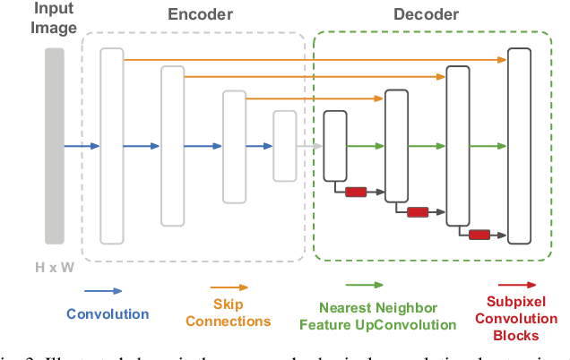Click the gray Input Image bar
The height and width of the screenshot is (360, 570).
54,146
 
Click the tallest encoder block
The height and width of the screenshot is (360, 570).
111,146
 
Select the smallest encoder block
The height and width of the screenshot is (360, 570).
284,145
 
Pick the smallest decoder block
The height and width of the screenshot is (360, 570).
335,145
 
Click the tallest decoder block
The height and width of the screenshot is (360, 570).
520,146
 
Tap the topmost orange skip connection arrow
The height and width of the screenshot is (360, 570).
314,59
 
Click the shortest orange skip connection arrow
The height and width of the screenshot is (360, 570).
314,99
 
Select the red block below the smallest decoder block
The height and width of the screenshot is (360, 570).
356,191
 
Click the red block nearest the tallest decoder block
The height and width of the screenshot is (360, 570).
479,235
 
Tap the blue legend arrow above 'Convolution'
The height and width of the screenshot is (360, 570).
103,291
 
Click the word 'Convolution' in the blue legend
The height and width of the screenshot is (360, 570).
108,314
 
